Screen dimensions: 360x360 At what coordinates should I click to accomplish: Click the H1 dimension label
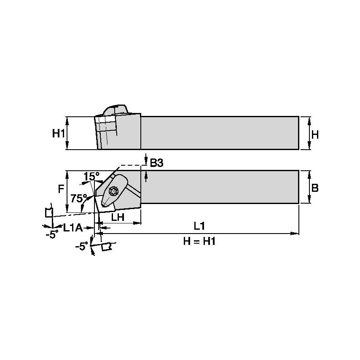pyautogui.click(x=59, y=133)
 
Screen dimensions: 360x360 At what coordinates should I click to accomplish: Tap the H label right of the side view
pyautogui.click(x=315, y=134)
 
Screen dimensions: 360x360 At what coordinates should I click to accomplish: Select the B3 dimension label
pyautogui.click(x=156, y=163)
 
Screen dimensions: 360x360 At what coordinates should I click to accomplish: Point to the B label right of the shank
pyautogui.click(x=315, y=188)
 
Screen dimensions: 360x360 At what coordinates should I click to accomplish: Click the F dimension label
pyautogui.click(x=61, y=189)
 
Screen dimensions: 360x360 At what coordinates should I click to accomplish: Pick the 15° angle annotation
pyautogui.click(x=91, y=176)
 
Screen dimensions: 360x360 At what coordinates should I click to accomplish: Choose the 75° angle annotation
pyautogui.click(x=79, y=198)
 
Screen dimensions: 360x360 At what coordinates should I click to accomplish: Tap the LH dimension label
pyautogui.click(x=118, y=217)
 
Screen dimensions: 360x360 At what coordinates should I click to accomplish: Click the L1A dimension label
pyautogui.click(x=73, y=228)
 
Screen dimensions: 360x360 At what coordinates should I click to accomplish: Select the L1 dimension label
pyautogui.click(x=199, y=226)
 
